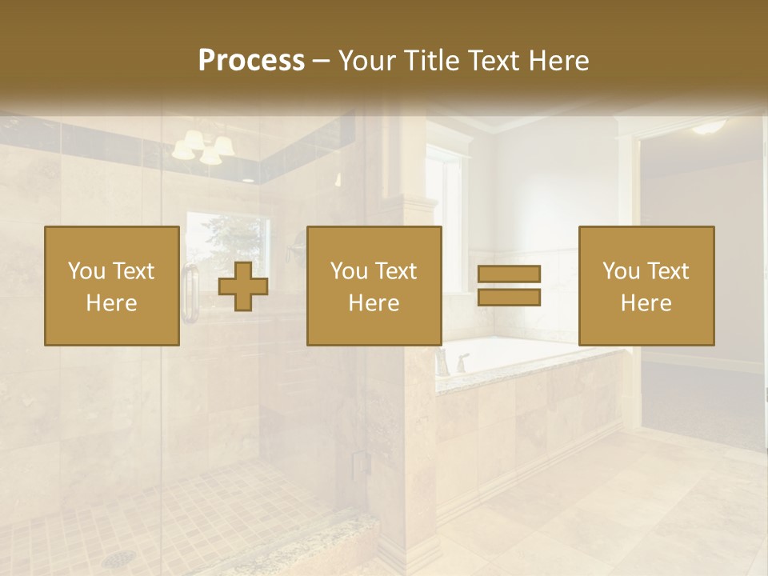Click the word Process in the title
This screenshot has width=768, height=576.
[x=251, y=61]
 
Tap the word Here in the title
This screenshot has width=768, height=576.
[x=554, y=61]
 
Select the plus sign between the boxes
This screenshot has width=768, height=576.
[x=243, y=286]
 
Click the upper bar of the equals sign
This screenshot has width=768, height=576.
[x=509, y=274]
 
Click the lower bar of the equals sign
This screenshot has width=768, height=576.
[x=509, y=298]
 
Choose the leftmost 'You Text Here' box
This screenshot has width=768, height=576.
[x=112, y=286]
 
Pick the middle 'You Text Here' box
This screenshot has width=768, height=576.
[x=374, y=286]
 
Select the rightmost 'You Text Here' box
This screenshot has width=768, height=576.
[x=646, y=286]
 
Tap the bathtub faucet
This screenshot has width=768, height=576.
[x=462, y=362]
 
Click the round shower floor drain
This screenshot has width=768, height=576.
[x=118, y=558]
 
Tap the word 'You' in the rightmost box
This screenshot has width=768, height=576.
[x=622, y=271]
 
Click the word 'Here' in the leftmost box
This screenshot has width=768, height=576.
[x=112, y=303]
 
